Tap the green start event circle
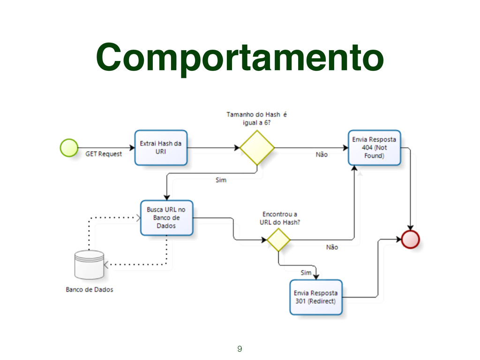[69, 147]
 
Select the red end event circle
[411, 239]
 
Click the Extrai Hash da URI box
[161, 148]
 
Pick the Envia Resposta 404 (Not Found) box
[374, 148]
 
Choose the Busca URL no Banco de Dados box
[166, 218]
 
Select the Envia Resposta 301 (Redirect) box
[315, 297]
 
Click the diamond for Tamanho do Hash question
[257, 148]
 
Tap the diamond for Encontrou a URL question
[278, 240]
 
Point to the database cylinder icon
[89, 265]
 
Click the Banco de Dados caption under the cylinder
[89, 290]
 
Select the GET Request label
[103, 154]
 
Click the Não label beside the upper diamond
[322, 154]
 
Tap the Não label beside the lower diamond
[332, 247]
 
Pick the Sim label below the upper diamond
[220, 180]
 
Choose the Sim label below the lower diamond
[306, 272]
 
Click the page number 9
[240, 348]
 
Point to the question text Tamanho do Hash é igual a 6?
[257, 118]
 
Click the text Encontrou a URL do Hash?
[280, 218]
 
